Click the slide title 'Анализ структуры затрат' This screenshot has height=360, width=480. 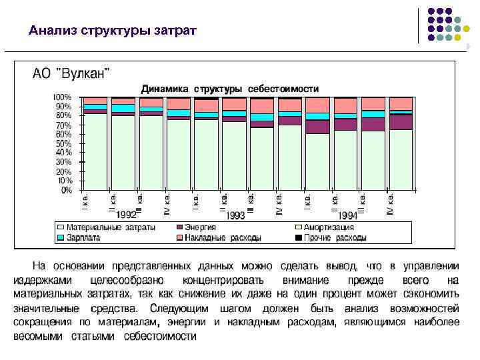[x=113, y=31]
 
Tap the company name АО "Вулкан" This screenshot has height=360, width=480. [x=72, y=73]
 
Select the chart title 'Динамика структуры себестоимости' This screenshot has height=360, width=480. [x=229, y=88]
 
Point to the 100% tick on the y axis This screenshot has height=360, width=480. [x=63, y=97]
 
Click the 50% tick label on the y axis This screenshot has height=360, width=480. [x=63, y=143]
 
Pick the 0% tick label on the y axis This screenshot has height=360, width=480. [x=67, y=190]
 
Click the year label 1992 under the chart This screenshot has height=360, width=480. [x=127, y=215]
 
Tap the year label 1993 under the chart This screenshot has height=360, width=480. [x=235, y=215]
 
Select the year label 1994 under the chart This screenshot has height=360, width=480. [x=347, y=215]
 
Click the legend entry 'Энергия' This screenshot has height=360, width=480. [x=200, y=227]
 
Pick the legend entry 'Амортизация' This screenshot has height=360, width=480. [x=329, y=227]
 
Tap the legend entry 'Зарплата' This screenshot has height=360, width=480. [x=83, y=237]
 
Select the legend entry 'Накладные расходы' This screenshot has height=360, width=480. [x=223, y=237]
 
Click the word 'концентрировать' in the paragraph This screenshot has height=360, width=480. [x=223, y=281]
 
